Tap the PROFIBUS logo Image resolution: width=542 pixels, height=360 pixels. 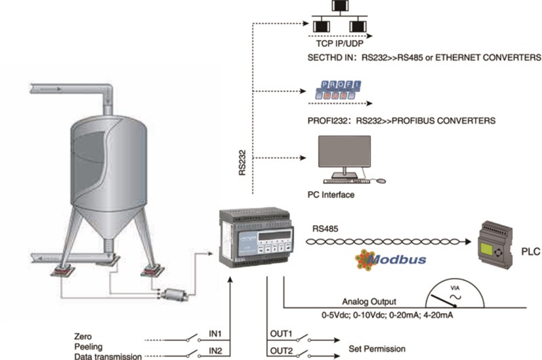coord(338,90)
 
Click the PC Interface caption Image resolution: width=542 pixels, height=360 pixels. coord(331,195)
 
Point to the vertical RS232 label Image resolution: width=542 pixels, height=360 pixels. coord(242,163)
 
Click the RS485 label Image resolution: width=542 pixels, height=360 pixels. coord(325,229)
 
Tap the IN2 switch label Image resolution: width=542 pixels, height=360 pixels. coord(215,351)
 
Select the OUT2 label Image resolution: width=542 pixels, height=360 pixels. coord(280,351)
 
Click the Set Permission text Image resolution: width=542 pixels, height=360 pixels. coord(377,350)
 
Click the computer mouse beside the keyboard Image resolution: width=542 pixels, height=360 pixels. coord(381,181)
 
